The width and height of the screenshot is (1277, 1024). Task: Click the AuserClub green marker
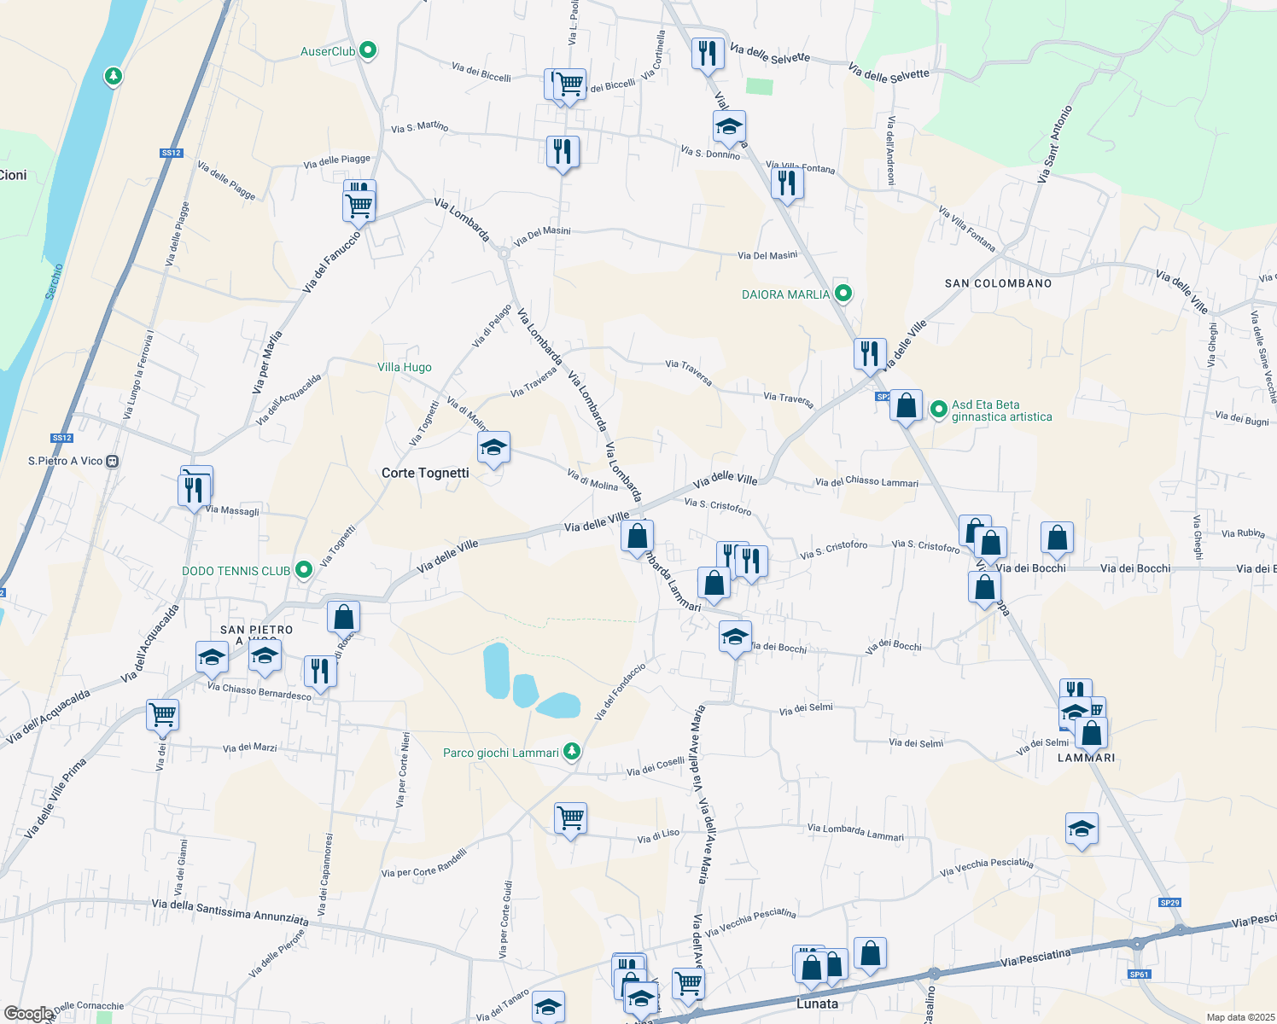coord(368,51)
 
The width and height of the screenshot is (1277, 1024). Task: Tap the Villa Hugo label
coord(405,368)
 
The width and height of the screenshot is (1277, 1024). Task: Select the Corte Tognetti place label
coord(425,473)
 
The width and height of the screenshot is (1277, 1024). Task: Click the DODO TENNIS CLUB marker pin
coord(303,570)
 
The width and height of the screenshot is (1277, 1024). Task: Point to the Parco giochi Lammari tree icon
coord(572,752)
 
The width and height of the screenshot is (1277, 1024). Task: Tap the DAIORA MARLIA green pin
coord(843,294)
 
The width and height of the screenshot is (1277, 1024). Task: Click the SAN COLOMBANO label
coord(998,283)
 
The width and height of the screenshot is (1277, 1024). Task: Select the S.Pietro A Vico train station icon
coord(112,461)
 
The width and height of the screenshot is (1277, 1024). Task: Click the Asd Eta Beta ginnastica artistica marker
coord(939,410)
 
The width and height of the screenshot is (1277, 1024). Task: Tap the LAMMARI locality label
coord(1086,758)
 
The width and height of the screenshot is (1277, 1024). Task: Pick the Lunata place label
coord(817,1004)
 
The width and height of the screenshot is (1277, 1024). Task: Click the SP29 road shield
coord(1169,903)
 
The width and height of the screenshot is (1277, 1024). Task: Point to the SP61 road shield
coord(1139,975)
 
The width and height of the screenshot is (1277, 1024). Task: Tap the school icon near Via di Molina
coord(493,448)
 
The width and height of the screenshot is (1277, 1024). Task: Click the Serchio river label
coord(55,281)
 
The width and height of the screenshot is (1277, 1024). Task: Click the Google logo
coord(27,1014)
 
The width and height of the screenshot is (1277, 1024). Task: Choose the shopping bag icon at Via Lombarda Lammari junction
coord(637,538)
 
